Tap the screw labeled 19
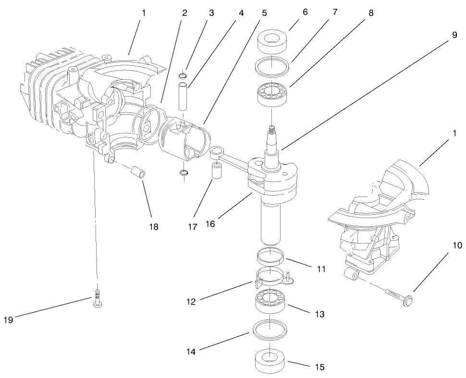tap(98, 300)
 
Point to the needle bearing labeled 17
tap(216, 176)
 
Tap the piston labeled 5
tap(185, 137)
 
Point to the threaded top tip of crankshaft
tap(272, 129)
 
